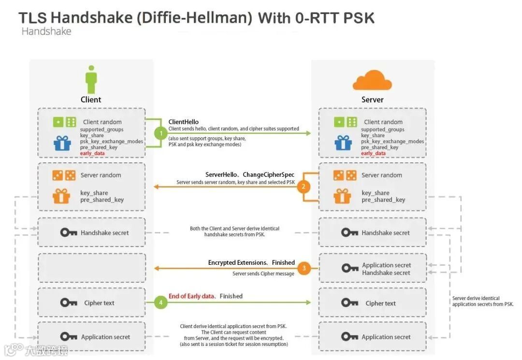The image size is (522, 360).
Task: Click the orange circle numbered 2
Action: (304, 187)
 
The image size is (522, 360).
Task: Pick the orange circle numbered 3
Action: (304, 268)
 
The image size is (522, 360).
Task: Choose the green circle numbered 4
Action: (160, 302)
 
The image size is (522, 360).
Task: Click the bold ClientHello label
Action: (183, 122)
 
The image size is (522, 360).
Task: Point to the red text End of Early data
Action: (191, 296)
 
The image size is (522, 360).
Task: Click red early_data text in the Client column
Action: (92, 153)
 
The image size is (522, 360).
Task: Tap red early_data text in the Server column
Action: (373, 153)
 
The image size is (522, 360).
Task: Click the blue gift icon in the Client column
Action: (62, 143)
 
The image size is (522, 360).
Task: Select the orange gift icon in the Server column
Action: (342, 196)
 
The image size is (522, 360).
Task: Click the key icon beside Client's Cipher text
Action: (69, 303)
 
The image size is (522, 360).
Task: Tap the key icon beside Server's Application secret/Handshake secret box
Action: (349, 268)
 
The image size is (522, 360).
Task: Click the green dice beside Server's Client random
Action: (346, 122)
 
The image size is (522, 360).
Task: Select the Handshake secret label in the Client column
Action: (104, 232)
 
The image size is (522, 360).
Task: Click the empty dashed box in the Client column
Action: (91, 268)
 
